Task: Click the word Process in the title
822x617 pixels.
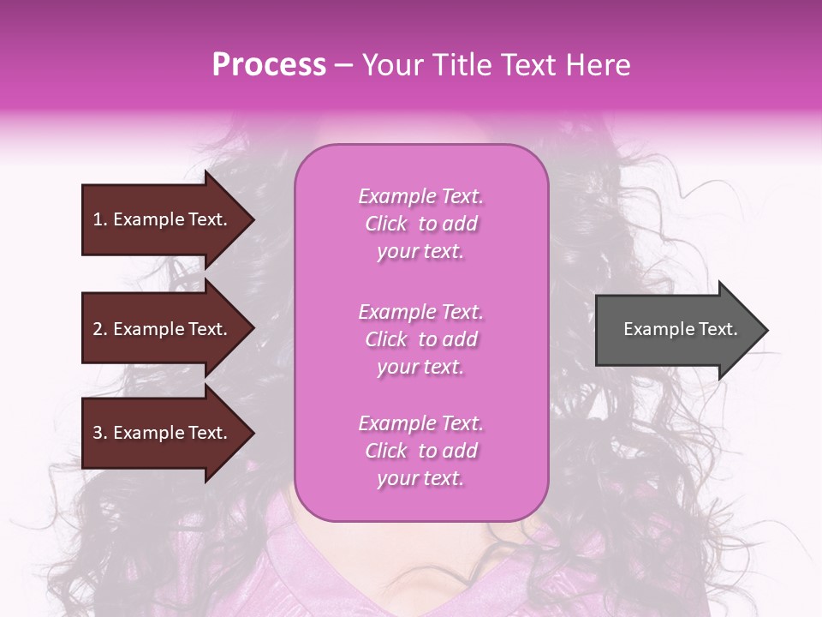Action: (x=269, y=65)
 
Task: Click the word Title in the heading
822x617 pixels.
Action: (x=463, y=65)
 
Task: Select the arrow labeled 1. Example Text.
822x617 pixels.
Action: (x=163, y=219)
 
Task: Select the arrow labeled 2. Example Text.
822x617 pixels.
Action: (x=163, y=329)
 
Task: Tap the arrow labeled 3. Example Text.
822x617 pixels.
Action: (x=163, y=433)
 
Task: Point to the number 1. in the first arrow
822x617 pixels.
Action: (x=100, y=219)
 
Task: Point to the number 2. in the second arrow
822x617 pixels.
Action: (x=100, y=329)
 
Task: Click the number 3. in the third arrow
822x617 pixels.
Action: (x=100, y=433)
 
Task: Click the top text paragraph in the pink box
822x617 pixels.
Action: (x=420, y=224)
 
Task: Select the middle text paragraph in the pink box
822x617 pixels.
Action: (x=420, y=339)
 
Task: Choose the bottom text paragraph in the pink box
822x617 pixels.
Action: (x=420, y=451)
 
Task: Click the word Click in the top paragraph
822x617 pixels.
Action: (x=386, y=224)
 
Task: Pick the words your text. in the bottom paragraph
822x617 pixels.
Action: (x=420, y=478)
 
